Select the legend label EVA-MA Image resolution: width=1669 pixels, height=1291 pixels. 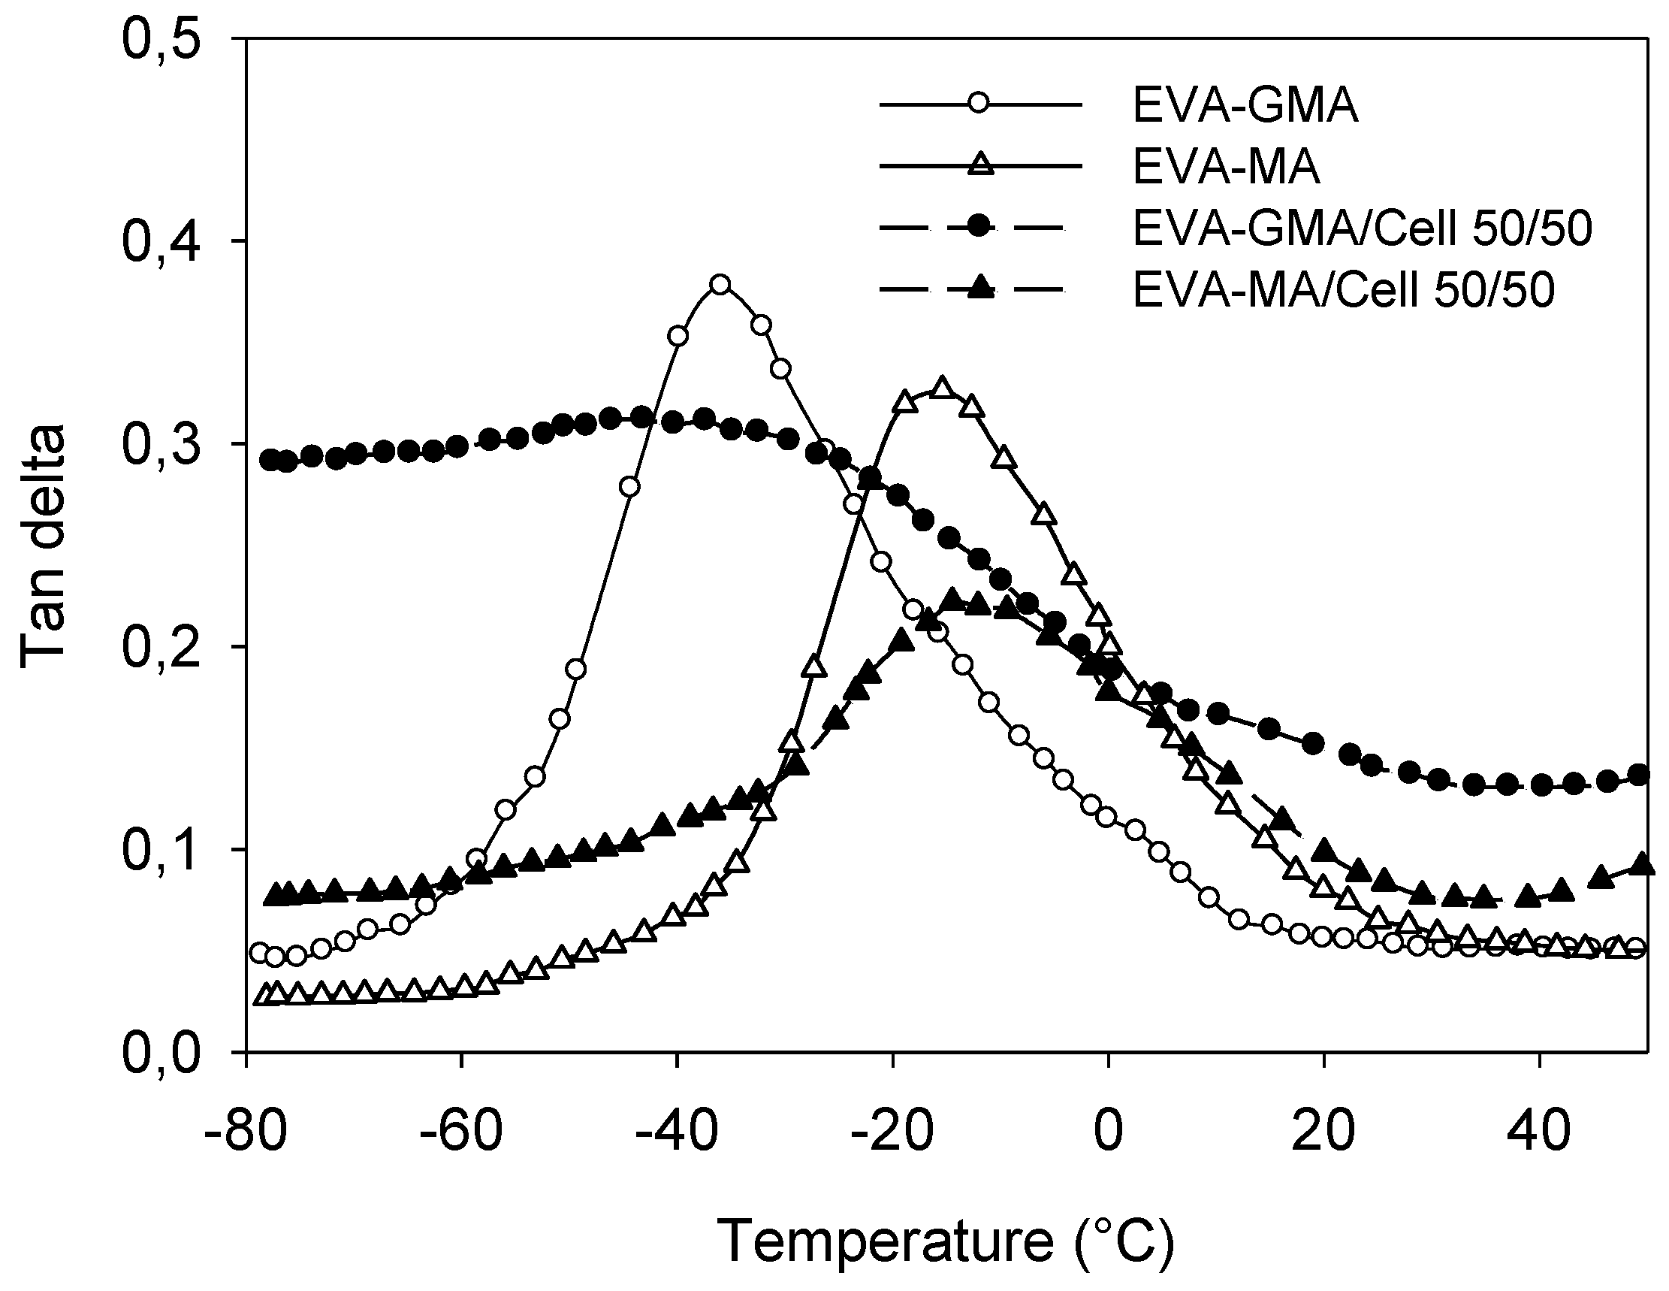coord(1227,168)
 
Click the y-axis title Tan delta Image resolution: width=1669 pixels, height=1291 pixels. coord(44,546)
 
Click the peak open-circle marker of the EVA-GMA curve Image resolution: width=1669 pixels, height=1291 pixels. coord(720,285)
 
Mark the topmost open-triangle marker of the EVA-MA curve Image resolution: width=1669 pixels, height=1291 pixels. coord(942,388)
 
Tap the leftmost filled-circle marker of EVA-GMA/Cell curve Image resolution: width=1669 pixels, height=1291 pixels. coord(269,459)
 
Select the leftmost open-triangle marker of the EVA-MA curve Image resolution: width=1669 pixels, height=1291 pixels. coord(262,996)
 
